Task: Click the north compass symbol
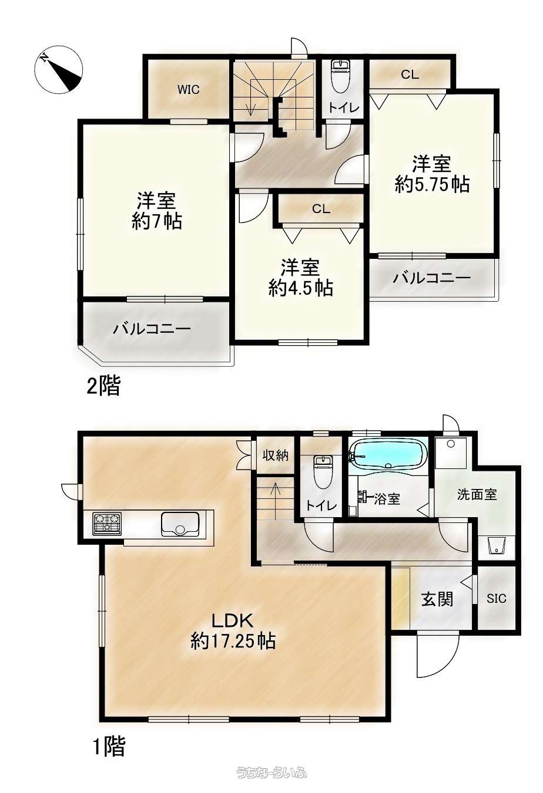click(x=59, y=70)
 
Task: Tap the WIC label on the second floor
click(x=188, y=90)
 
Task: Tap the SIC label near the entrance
click(x=496, y=599)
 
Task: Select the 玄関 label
click(x=437, y=599)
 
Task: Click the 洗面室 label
click(x=477, y=495)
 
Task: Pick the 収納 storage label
click(x=276, y=455)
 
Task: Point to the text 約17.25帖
click(x=233, y=641)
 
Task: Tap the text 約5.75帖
click(x=433, y=184)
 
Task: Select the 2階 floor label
click(x=103, y=386)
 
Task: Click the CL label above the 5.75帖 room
click(x=410, y=75)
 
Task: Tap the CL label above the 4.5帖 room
click(x=321, y=209)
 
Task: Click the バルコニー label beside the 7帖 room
click(x=152, y=329)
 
